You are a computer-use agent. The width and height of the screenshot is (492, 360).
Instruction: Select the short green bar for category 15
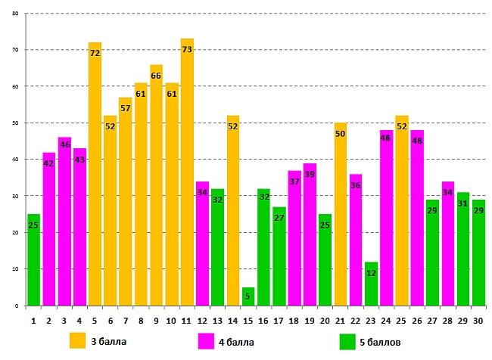tap(248, 297)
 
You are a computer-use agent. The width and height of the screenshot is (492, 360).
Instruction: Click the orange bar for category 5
tap(95, 182)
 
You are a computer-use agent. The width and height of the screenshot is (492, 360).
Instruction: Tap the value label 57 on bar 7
tap(126, 108)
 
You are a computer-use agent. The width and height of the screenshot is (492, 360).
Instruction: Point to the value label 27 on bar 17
tap(279, 218)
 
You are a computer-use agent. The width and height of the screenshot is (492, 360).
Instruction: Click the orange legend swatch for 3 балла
tap(77, 341)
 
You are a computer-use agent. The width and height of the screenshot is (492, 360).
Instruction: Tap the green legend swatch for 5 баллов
tap(347, 341)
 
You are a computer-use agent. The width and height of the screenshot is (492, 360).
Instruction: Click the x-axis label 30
tap(478, 320)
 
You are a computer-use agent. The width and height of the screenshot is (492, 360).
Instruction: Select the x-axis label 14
tap(232, 320)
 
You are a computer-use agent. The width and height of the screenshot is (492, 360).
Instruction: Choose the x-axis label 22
tap(355, 320)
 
